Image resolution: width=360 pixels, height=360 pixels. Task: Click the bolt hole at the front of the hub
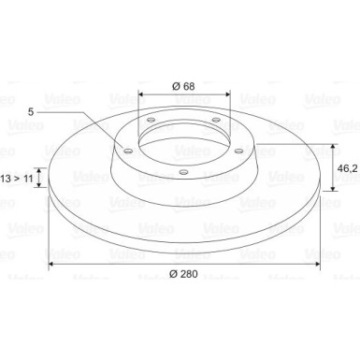[182, 170]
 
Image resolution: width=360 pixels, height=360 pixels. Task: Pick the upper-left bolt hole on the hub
[149, 119]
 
